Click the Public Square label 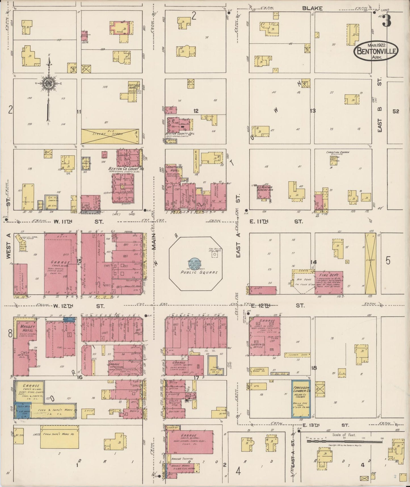coord(199,272)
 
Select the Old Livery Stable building coord(112,136)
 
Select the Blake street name coord(312,8)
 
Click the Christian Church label coord(337,153)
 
